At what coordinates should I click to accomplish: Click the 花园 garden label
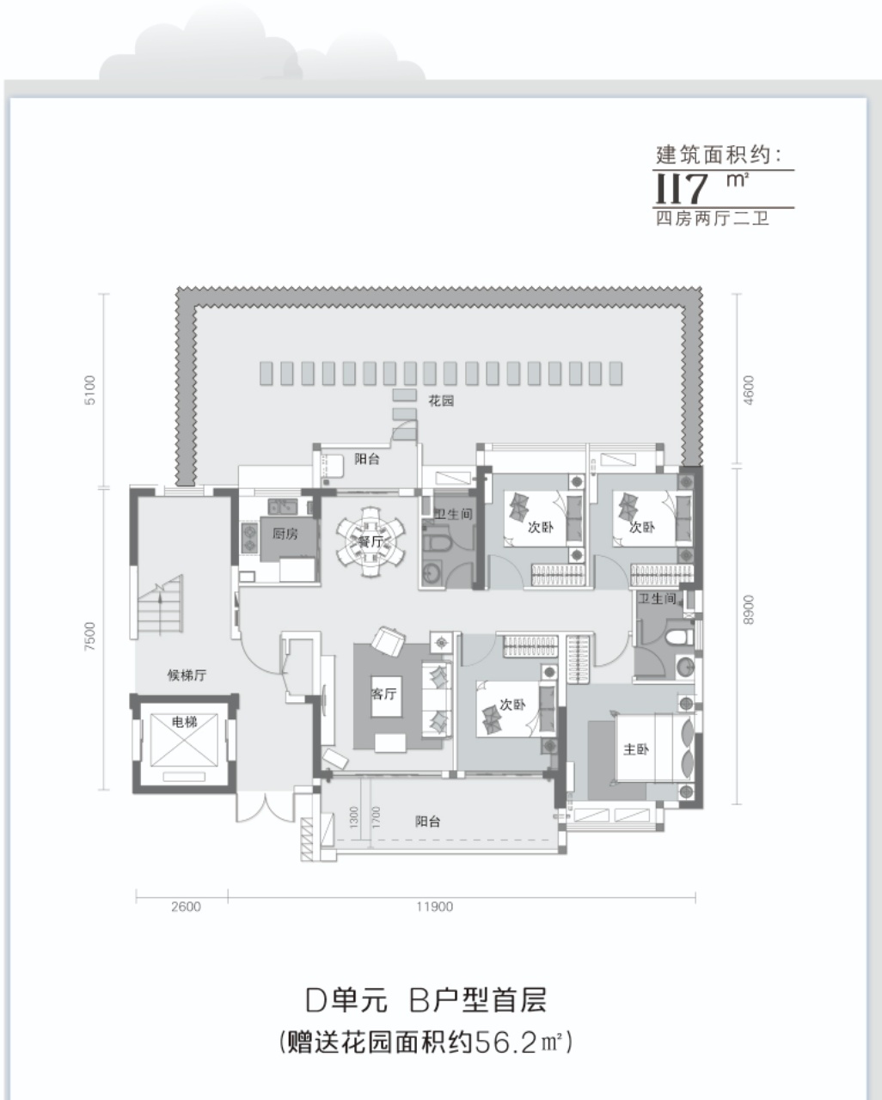click(x=441, y=400)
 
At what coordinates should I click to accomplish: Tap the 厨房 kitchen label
click(x=285, y=535)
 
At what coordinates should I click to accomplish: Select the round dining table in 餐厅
click(x=371, y=541)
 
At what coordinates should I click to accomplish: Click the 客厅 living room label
click(x=383, y=694)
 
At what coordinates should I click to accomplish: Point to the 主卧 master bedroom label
click(x=635, y=750)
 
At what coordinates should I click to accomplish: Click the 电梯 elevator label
click(x=184, y=722)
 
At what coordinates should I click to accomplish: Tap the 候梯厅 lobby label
click(x=187, y=675)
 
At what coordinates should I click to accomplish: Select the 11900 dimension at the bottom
click(x=435, y=907)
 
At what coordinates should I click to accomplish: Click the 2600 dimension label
click(x=187, y=907)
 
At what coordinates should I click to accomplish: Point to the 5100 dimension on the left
click(x=90, y=390)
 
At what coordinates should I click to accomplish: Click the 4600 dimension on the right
click(x=749, y=390)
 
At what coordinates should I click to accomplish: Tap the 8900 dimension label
click(x=749, y=610)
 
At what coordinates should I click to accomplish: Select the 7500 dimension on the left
click(x=90, y=637)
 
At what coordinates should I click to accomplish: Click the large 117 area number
click(x=682, y=188)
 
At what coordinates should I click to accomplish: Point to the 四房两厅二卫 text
click(x=713, y=219)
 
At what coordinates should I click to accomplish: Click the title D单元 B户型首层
click(x=426, y=1001)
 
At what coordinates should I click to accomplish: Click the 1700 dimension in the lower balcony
click(x=377, y=816)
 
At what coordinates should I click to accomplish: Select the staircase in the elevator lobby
click(x=160, y=606)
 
